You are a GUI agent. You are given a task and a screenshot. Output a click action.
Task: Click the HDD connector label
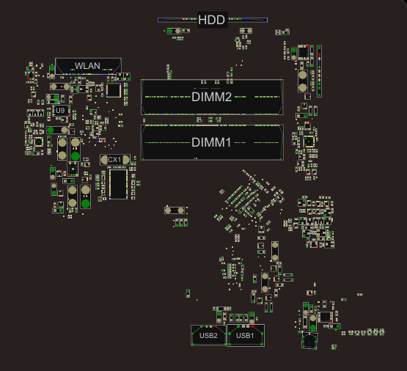click(x=211, y=20)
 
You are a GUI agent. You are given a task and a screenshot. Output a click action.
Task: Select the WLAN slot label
click(x=87, y=66)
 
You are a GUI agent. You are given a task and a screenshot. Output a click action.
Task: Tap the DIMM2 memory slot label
click(x=211, y=97)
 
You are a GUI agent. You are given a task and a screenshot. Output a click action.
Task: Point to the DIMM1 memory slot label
click(x=211, y=142)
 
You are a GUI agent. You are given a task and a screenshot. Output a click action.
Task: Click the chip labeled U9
click(x=61, y=111)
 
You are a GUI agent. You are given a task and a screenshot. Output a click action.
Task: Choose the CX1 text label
click(x=114, y=160)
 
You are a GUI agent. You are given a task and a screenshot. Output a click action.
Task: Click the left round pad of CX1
click(x=104, y=160)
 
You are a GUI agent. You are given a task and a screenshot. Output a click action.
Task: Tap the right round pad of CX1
click(x=125, y=160)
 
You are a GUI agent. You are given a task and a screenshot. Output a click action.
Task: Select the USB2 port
click(x=208, y=335)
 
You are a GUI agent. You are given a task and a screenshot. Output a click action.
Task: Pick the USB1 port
click(x=246, y=335)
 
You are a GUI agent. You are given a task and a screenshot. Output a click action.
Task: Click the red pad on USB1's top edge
click(x=253, y=326)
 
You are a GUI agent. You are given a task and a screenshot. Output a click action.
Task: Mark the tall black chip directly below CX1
click(x=118, y=184)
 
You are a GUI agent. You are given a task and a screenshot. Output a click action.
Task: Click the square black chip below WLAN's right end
click(x=114, y=90)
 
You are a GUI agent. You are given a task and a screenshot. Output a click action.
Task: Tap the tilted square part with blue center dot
click(x=309, y=341)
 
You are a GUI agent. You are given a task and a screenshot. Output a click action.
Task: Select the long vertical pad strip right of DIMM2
click(x=319, y=71)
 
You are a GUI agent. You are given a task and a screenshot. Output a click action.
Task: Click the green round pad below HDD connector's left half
click(x=170, y=31)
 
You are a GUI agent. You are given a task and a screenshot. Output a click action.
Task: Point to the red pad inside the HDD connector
click(x=181, y=19)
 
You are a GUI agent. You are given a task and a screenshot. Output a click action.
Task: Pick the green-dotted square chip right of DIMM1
click(x=309, y=142)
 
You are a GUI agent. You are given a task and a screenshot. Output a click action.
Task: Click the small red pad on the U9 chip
click(x=69, y=114)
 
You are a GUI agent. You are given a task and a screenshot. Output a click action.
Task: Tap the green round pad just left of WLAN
click(x=52, y=69)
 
